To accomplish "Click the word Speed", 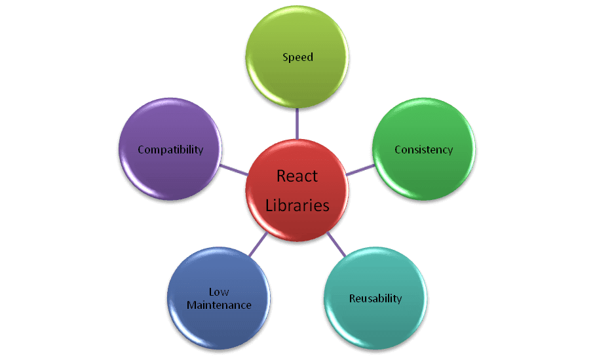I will click(297, 57).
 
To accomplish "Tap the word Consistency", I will click(423, 150).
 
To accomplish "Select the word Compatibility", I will click(170, 150).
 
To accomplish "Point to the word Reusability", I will click(375, 298).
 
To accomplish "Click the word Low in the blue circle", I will click(219, 292).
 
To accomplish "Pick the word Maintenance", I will click(219, 305).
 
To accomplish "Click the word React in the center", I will click(297, 176).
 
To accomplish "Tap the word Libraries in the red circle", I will click(297, 205).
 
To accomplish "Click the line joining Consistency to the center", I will click(359, 170).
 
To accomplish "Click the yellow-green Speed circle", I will click(297, 79).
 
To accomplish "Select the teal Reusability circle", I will click(375, 321).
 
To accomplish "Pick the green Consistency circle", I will click(423, 174).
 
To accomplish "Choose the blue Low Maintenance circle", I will click(219, 328).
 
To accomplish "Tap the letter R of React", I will click(281, 176).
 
